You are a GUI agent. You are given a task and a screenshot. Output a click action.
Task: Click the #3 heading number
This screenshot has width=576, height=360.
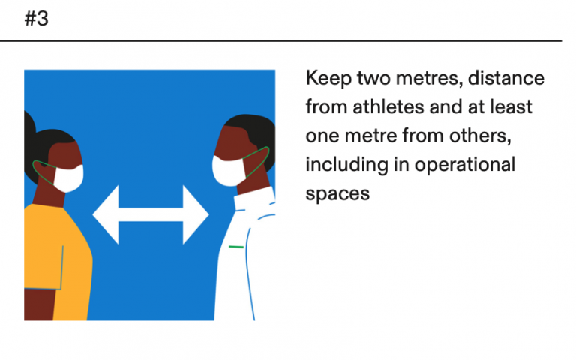tap(36, 18)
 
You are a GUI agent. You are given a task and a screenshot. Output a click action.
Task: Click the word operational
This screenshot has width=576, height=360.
tap(465, 165)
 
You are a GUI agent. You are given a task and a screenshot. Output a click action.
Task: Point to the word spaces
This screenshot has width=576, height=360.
tap(337, 194)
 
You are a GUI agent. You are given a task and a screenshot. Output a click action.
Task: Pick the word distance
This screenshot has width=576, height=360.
tap(505, 78)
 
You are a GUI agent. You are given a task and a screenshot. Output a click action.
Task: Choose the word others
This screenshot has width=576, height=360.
tap(480, 136)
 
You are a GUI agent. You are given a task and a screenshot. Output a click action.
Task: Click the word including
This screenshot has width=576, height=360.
tap(346, 165)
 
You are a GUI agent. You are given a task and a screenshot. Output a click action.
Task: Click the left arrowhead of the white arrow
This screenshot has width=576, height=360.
tap(106, 215)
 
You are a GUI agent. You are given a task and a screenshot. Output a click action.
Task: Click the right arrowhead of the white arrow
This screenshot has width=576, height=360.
tap(196, 215)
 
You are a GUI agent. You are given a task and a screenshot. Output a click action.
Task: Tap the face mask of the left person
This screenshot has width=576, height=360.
tap(68, 178)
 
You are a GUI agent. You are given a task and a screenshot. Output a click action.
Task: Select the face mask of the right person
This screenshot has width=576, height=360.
tap(229, 171)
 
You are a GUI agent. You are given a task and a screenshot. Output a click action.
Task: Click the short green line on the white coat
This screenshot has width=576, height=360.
tap(236, 247)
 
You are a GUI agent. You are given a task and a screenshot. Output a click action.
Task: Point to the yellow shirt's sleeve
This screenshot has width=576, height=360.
tap(43, 266)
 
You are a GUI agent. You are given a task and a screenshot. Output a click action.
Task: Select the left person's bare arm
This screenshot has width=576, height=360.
tap(39, 304)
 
